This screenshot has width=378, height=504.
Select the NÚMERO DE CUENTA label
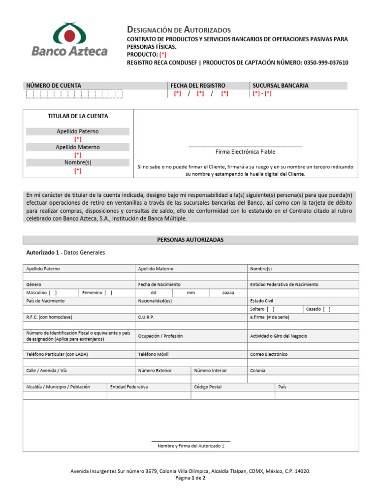coord(54,86)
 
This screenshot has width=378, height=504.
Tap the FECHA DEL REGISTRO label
coord(198,86)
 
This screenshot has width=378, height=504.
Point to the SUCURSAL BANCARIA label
coord(281,86)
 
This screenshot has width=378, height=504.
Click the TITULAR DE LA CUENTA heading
coord(78,117)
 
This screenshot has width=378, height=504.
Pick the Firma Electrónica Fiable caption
coord(245,152)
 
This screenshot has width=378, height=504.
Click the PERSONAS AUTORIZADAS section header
coord(190,240)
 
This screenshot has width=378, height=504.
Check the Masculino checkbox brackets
coord(53,293)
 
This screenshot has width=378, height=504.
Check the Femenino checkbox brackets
coord(108,293)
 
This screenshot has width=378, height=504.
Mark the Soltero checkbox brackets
coord(271,309)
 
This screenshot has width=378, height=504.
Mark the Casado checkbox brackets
coord(327,309)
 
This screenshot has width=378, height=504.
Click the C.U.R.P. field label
coord(147,317)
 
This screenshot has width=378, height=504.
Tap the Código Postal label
coord(208,387)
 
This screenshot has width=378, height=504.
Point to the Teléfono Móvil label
coord(154,354)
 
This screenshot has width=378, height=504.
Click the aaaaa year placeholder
coord(228,293)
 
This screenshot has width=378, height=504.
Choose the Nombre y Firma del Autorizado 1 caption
coord(190,446)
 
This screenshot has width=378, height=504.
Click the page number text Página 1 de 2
coord(190,478)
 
